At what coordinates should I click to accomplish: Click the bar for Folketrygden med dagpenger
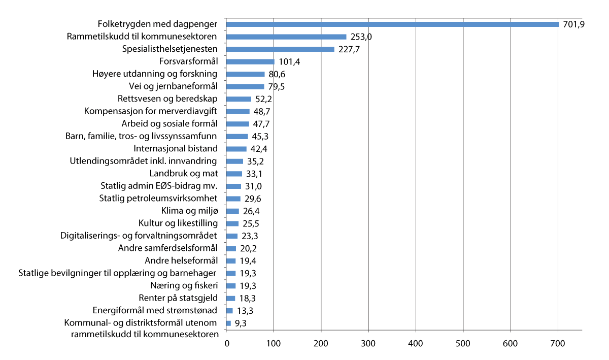coord(392,24)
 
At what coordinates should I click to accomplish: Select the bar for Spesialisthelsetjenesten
coord(280,49)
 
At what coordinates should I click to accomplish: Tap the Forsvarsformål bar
coord(250,62)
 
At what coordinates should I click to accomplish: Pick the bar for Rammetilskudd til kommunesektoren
coord(286,37)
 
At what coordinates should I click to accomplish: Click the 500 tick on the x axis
coord(463,344)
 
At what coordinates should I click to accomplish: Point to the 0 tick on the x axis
coord(226,344)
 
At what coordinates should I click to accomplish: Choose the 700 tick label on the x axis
coord(558,344)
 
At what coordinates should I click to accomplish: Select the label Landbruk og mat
coord(184,174)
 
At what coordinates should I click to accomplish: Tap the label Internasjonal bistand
coord(176,149)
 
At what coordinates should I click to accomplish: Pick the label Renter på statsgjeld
coord(178,298)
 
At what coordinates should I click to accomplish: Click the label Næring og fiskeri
coord(184,285)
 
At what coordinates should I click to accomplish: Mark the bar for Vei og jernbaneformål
coord(245,86)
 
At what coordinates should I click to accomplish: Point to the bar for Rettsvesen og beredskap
coord(239,99)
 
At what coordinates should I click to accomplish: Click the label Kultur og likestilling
coord(178,223)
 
